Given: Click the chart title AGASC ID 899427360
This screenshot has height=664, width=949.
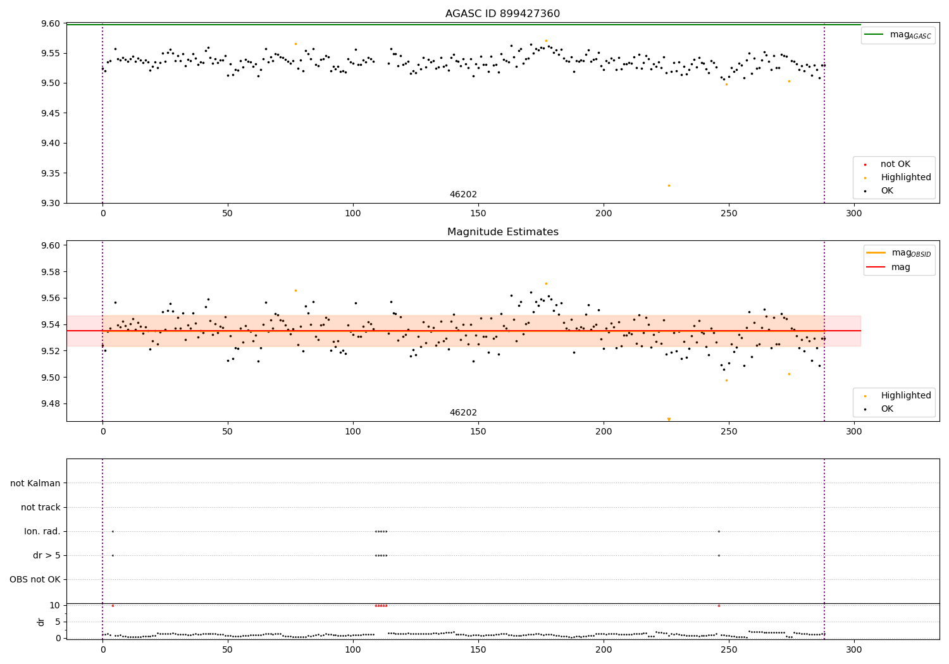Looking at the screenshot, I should [502, 14].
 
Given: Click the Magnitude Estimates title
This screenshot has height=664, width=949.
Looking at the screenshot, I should [502, 232].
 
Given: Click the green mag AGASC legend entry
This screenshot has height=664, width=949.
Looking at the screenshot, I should [898, 35].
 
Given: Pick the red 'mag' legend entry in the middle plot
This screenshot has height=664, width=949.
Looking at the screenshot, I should [900, 267].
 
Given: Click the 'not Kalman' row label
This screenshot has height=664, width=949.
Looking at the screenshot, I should [35, 483].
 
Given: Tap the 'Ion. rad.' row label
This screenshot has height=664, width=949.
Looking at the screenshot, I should [42, 531].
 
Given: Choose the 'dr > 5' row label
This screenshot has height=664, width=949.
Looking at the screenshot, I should [47, 555].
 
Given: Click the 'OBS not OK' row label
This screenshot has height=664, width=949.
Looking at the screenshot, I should [35, 579].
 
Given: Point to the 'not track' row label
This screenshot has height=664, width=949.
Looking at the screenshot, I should [40, 507].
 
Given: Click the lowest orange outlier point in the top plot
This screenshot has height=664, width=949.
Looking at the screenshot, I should [669, 185].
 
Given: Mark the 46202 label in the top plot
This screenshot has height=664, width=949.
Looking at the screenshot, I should [463, 194].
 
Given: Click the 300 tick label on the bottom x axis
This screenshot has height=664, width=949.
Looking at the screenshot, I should [854, 649].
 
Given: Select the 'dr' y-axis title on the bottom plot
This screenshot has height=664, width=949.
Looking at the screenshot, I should [41, 622].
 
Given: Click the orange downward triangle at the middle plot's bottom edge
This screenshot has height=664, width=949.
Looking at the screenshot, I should [669, 419].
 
